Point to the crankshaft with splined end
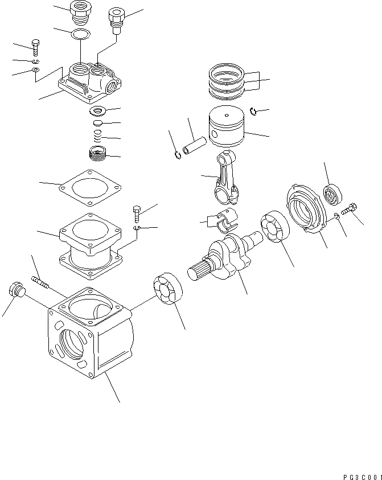tap(228, 259)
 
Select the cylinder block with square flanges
tap(90, 245)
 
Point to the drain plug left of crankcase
tap(15, 290)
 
